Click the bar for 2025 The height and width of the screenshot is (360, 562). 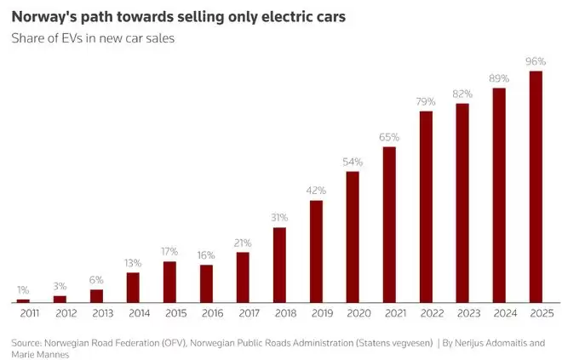(x=536, y=186)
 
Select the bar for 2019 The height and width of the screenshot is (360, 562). (x=316, y=251)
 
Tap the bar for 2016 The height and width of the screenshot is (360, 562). (x=206, y=283)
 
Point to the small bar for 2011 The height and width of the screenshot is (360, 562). (x=23, y=300)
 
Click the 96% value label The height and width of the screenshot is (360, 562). (x=536, y=61)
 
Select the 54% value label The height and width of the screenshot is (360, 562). (x=353, y=162)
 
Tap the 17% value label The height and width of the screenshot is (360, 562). (x=169, y=252)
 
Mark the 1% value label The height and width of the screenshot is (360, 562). (x=23, y=290)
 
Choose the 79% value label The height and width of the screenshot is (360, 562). (x=426, y=101)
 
